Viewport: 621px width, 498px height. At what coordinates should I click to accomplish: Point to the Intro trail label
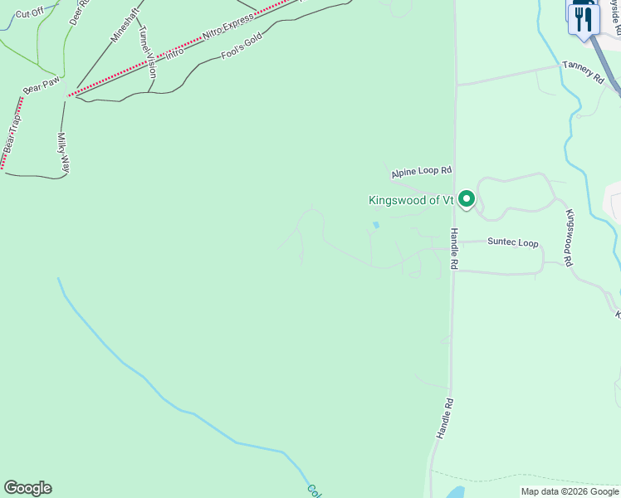point(174,52)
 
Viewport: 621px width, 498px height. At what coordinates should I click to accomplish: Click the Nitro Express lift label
point(227,29)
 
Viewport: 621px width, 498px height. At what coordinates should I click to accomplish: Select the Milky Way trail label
point(62,153)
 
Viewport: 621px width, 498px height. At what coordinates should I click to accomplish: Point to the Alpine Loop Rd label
point(422,172)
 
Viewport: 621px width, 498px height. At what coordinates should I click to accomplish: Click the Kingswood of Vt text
point(410,200)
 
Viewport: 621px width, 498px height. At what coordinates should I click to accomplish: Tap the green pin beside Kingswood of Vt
point(467,198)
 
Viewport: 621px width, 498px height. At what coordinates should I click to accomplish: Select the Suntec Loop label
point(512,243)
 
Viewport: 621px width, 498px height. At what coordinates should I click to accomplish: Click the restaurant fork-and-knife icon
point(584,18)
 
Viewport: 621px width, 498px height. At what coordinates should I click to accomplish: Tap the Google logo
point(27,488)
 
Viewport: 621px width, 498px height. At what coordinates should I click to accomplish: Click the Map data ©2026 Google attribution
point(570,491)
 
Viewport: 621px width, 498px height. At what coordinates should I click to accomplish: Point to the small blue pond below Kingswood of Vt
point(376,225)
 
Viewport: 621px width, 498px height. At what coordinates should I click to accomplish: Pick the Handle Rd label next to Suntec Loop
point(454,249)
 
